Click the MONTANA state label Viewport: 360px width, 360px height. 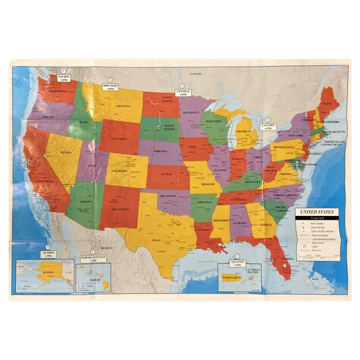pyautogui.click(x=123, y=108)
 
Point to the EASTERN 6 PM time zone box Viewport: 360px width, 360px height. pyautogui.click(x=268, y=128)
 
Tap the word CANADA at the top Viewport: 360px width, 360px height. pyautogui.click(x=196, y=74)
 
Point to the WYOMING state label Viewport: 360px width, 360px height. pyautogui.click(x=119, y=140)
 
